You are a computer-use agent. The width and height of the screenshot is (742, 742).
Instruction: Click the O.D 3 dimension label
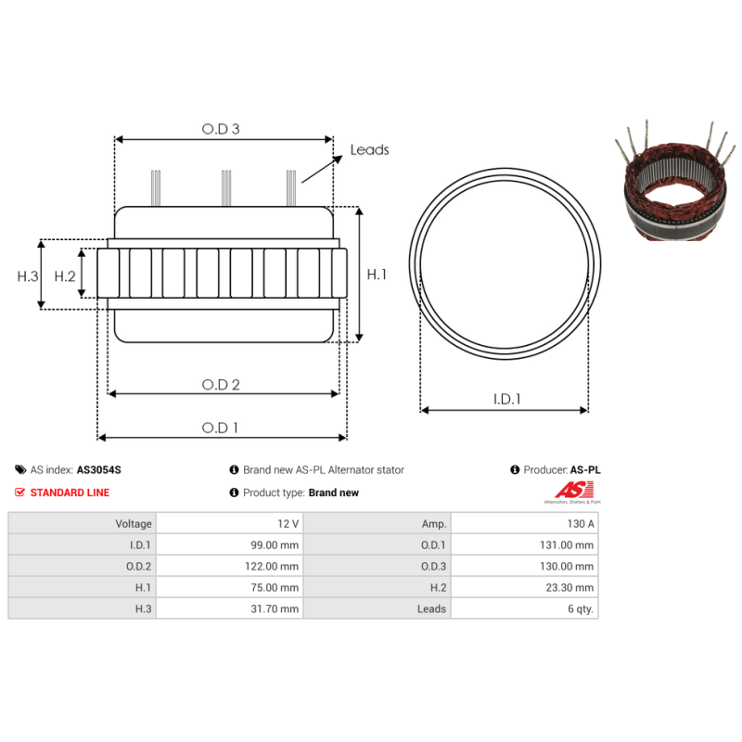[x=221, y=129]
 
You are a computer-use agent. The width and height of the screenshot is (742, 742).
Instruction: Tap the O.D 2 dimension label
[x=221, y=385]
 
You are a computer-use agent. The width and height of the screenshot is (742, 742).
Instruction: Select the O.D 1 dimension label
[x=220, y=428]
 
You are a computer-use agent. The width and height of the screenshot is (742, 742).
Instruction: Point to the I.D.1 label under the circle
[x=506, y=400]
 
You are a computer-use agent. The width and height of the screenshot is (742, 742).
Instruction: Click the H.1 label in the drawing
[x=377, y=275]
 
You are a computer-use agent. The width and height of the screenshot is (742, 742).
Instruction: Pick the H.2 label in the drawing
[x=65, y=276]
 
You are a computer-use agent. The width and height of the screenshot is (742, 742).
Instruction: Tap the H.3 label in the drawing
[x=28, y=276]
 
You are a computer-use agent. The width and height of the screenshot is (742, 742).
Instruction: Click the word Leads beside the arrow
[x=369, y=150]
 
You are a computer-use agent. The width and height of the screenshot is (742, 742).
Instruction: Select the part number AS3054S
[x=99, y=470]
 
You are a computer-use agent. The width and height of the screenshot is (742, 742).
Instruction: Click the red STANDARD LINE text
[x=70, y=493]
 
